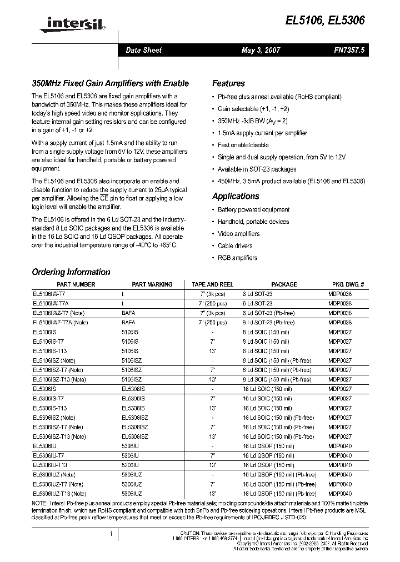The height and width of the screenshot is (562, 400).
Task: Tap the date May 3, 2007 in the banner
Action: (x=261, y=50)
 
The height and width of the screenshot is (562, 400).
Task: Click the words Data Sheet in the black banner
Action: (x=143, y=50)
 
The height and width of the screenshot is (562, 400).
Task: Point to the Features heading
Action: (x=228, y=83)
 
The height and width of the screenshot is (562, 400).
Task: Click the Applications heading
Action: (x=236, y=196)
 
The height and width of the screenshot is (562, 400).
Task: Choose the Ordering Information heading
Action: (x=71, y=272)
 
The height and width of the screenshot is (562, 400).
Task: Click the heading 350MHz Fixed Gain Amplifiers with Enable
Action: (x=110, y=83)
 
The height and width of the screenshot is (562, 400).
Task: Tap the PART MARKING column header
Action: (x=152, y=284)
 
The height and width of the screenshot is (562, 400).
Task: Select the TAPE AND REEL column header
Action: (x=212, y=284)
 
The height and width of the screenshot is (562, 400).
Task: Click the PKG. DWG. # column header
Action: (x=347, y=284)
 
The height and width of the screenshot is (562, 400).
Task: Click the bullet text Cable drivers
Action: (x=235, y=245)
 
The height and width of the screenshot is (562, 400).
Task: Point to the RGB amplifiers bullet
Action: (x=237, y=258)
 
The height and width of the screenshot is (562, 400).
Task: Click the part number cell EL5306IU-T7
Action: (x=49, y=455)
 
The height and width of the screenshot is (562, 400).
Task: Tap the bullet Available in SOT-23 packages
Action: (x=257, y=169)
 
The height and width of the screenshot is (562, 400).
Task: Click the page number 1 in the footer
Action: (x=112, y=534)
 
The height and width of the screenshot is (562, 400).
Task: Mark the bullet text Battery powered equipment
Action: (x=253, y=209)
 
